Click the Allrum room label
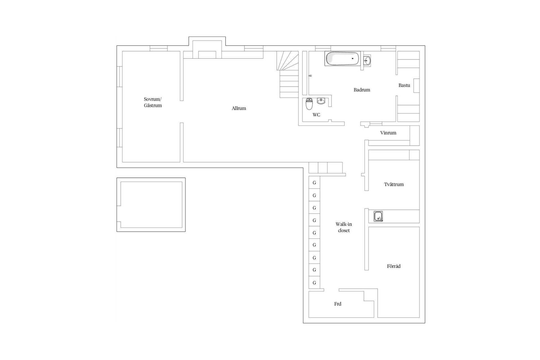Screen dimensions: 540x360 pos(239,108)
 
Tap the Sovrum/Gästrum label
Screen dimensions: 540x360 pos(153,102)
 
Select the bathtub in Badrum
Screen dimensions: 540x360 pos(342,58)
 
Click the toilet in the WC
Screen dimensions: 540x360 pos(309,104)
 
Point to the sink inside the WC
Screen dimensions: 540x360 pos(321,101)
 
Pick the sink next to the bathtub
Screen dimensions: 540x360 pos(367,60)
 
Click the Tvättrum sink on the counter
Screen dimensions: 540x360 pos(378,216)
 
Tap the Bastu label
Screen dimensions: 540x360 pos(404,85)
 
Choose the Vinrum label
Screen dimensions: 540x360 pos(388,133)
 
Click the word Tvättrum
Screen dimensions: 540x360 pos(394,184)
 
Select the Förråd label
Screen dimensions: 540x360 pos(394,266)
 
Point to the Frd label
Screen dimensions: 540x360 pos(337,304)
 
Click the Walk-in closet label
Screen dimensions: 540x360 pos(344,227)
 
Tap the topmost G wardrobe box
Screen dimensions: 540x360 pos(314,183)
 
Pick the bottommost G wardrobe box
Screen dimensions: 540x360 pos(314,283)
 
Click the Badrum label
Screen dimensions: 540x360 pos(362,90)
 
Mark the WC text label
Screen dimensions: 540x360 pos(316,115)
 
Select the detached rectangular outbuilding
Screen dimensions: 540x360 pos(151,178)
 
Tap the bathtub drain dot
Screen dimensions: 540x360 pos(352,58)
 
